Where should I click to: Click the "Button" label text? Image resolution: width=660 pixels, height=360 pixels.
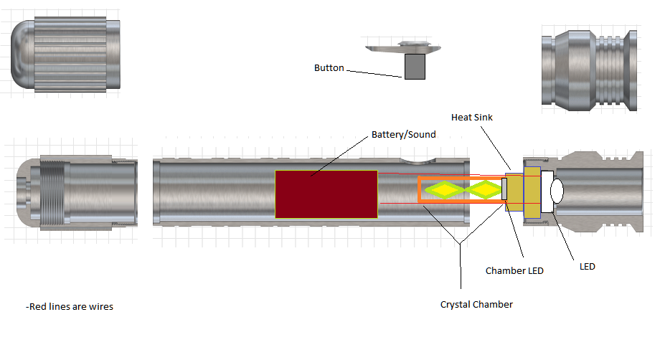click(329, 68)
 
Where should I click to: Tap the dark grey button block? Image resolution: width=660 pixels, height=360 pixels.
click(415, 67)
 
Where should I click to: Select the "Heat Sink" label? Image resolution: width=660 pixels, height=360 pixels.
click(472, 117)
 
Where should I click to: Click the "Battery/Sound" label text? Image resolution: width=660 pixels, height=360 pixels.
click(403, 135)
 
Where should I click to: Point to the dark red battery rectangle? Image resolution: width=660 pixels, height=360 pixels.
click(326, 194)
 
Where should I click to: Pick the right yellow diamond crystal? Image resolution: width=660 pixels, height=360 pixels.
click(486, 189)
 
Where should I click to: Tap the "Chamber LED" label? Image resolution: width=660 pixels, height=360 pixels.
click(514, 270)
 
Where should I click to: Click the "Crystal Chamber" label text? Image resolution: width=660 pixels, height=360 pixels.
click(476, 304)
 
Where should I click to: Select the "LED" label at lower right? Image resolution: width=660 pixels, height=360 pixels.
click(587, 267)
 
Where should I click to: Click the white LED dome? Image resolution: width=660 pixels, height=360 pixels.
click(555, 191)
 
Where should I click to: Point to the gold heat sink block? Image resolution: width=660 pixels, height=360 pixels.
click(532, 191)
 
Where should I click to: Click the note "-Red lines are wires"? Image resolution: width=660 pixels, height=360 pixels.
click(70, 307)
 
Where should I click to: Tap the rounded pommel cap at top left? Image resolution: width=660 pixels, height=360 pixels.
click(65, 55)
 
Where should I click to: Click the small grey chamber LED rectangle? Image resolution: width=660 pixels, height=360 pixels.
click(504, 189)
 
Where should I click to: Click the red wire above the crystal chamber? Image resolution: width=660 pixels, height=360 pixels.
click(409, 174)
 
